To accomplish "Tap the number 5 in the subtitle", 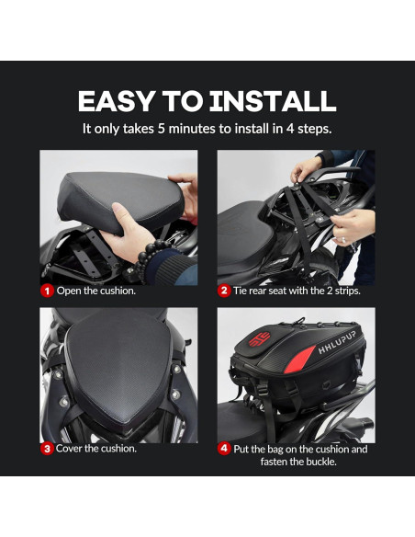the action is pyautogui.click(x=161, y=129).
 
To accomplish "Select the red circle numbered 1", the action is pyautogui.click(x=47, y=291).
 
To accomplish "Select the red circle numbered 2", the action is pyautogui.click(x=224, y=291).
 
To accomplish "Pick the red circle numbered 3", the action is pyautogui.click(x=47, y=449).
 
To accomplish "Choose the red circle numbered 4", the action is pyautogui.click(x=224, y=449).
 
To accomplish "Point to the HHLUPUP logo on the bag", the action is pyautogui.click(x=337, y=343).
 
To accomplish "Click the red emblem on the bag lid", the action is pyautogui.click(x=259, y=339).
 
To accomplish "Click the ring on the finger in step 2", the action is pyautogui.click(x=343, y=240).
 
